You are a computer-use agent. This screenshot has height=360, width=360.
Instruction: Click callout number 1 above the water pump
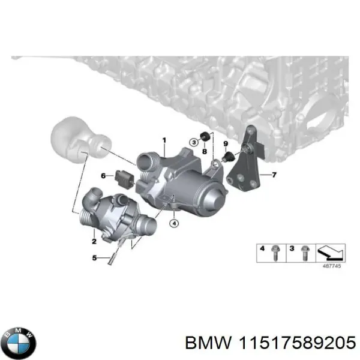click(x=163, y=140)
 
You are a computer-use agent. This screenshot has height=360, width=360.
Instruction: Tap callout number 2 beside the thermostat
click(x=94, y=241)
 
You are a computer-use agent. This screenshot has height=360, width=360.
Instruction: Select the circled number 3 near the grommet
click(x=193, y=142)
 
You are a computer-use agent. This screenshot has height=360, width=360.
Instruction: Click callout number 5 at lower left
click(x=94, y=259)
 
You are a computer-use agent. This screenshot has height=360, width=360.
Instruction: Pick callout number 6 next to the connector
click(x=103, y=176)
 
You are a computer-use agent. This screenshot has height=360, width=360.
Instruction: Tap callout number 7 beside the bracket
click(x=274, y=175)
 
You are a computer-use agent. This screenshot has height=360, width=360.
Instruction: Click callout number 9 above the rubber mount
click(x=226, y=144)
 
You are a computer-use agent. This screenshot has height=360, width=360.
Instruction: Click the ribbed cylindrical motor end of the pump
click(x=209, y=198)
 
